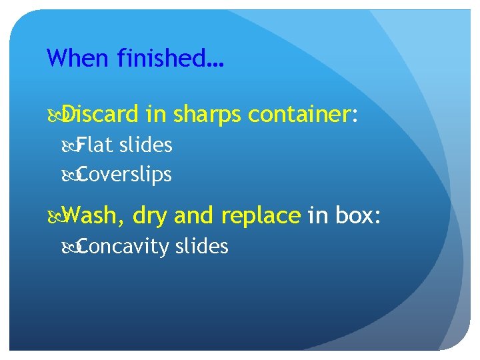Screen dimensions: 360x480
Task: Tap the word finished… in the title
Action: [170, 59]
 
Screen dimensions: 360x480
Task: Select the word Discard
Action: [103, 116]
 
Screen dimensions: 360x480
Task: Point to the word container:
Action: [304, 116]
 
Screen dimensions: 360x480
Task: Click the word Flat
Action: [95, 145]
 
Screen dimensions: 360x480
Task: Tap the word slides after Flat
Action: [146, 145]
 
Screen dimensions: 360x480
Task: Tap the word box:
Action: [357, 215]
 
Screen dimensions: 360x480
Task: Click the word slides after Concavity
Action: [201, 247]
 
